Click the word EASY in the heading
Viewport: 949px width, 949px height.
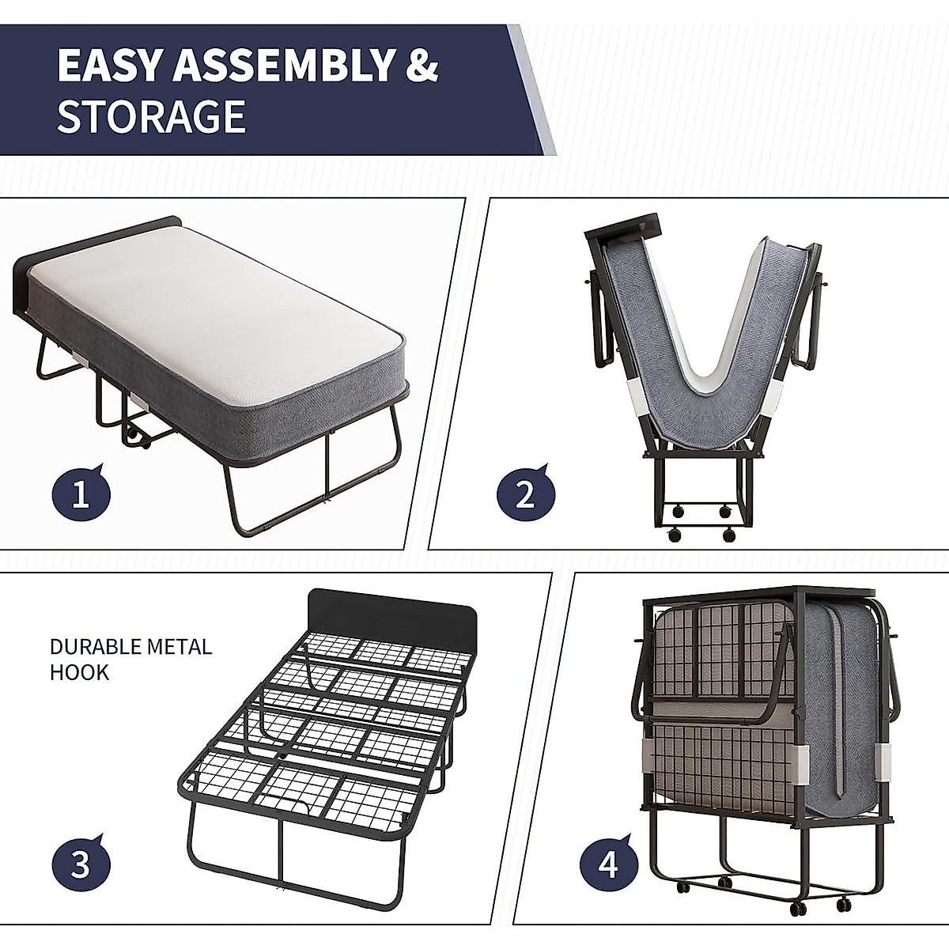pyautogui.click(x=108, y=66)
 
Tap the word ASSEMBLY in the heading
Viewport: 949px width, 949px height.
pyautogui.click(x=282, y=66)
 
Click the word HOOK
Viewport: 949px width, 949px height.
pyautogui.click(x=79, y=673)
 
